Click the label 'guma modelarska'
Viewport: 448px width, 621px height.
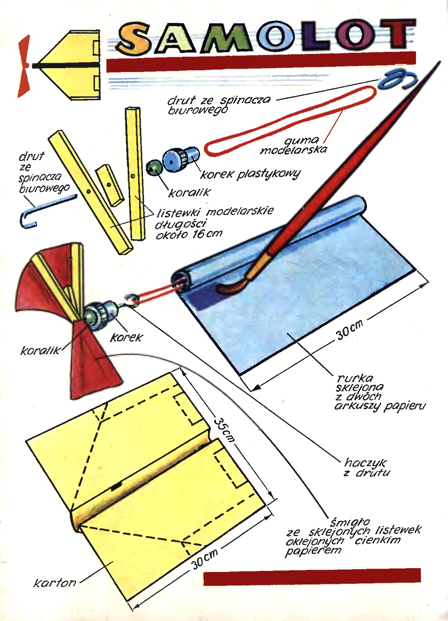tap(294, 146)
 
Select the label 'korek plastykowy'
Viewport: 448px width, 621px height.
tap(250, 174)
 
